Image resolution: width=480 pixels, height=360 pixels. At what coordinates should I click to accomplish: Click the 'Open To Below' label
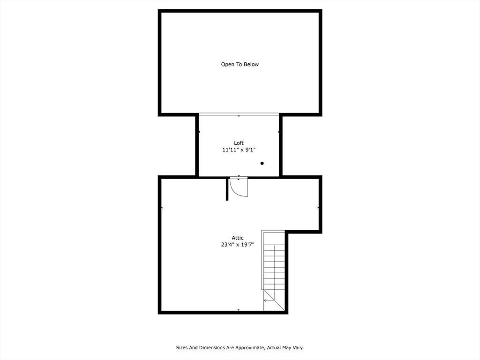[240, 64]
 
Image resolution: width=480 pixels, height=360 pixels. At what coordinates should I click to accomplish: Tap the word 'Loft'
[239, 143]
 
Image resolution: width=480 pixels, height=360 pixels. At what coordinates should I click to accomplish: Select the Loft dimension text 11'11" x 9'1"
[239, 150]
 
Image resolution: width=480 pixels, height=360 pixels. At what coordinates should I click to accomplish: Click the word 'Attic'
[238, 238]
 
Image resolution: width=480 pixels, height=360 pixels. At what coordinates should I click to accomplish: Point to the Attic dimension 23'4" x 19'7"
[238, 244]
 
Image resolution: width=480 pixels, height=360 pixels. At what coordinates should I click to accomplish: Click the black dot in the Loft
[262, 163]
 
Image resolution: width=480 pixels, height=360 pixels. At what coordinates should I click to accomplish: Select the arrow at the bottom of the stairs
[266, 300]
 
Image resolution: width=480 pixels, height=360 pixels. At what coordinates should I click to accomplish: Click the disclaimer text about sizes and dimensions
[240, 348]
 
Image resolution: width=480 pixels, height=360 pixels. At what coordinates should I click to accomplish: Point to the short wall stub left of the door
[227, 189]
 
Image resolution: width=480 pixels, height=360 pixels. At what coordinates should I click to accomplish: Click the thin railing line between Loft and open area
[239, 113]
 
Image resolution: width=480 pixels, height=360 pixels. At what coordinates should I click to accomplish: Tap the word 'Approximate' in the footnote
[249, 348]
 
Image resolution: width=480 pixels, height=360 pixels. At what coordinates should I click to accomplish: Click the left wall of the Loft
[197, 146]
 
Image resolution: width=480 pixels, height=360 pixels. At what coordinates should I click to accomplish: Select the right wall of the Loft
[281, 146]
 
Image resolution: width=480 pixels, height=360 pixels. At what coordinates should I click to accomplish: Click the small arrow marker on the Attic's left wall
[162, 207]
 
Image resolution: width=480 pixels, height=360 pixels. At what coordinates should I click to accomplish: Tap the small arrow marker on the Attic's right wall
[318, 207]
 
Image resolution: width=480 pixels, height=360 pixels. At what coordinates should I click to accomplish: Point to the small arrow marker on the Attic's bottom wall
[239, 310]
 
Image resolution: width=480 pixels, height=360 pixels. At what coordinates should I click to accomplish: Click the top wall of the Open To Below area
[240, 11]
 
